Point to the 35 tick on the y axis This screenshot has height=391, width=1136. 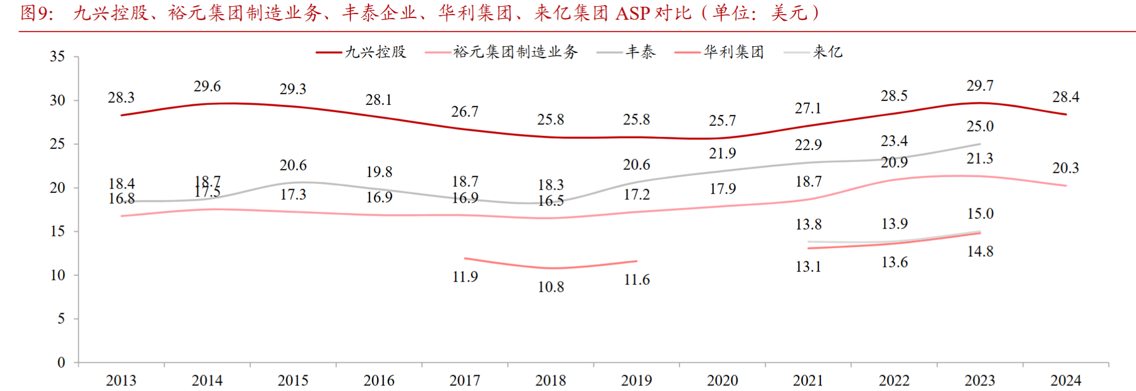(57, 56)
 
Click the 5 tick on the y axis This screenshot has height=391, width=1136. (61, 319)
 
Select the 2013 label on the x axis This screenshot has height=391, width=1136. (121, 380)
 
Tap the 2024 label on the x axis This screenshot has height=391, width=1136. (1066, 380)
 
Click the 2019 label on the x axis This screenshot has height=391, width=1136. (636, 380)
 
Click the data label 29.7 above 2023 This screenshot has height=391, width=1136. (980, 86)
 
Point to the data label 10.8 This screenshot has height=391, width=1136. (551, 287)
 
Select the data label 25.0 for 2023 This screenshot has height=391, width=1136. (980, 126)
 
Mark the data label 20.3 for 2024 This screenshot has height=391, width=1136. (1066, 168)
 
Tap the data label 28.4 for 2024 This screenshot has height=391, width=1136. (1066, 97)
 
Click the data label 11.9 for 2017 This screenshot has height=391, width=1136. (465, 276)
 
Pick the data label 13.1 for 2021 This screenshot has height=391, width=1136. (808, 266)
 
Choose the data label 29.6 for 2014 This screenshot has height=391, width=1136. (207, 86)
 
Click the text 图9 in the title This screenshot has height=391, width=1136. (36, 13)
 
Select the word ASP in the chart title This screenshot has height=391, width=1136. (632, 13)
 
